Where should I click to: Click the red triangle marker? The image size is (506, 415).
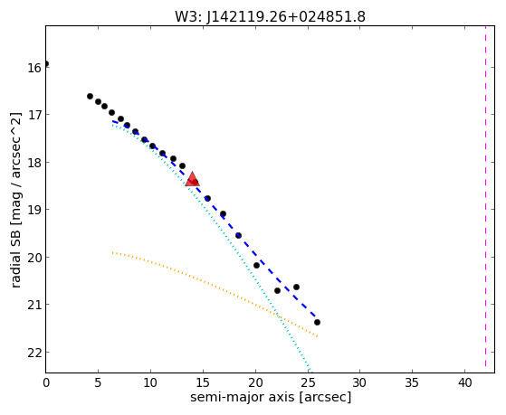coord(192,179)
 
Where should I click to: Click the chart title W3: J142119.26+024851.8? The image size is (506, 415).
coord(270,17)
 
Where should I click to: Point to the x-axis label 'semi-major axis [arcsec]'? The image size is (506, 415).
coord(271,397)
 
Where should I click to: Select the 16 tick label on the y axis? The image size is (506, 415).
coord(33,69)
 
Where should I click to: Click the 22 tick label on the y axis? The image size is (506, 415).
coord(33,353)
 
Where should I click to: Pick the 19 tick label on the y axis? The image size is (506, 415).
coord(33,211)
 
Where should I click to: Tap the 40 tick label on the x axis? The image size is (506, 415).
coord(465,382)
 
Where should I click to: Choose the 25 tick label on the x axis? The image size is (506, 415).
coord(308,382)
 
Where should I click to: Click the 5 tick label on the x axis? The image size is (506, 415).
coord(98,382)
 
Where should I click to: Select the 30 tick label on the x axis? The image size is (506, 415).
coord(360,382)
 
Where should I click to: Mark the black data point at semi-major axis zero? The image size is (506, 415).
coord(46,63)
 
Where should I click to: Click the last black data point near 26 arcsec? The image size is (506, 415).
coord(317,322)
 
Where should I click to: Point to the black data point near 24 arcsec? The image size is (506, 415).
coord(296,287)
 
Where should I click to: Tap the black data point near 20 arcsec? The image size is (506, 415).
coord(256,266)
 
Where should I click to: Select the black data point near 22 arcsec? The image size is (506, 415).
coord(277,290)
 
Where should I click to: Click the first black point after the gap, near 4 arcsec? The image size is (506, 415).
coord(90,96)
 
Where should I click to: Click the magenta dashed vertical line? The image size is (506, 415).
coord(485,197)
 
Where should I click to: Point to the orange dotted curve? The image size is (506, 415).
coord(213,285)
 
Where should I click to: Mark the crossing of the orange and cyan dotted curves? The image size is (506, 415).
coord(278,316)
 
